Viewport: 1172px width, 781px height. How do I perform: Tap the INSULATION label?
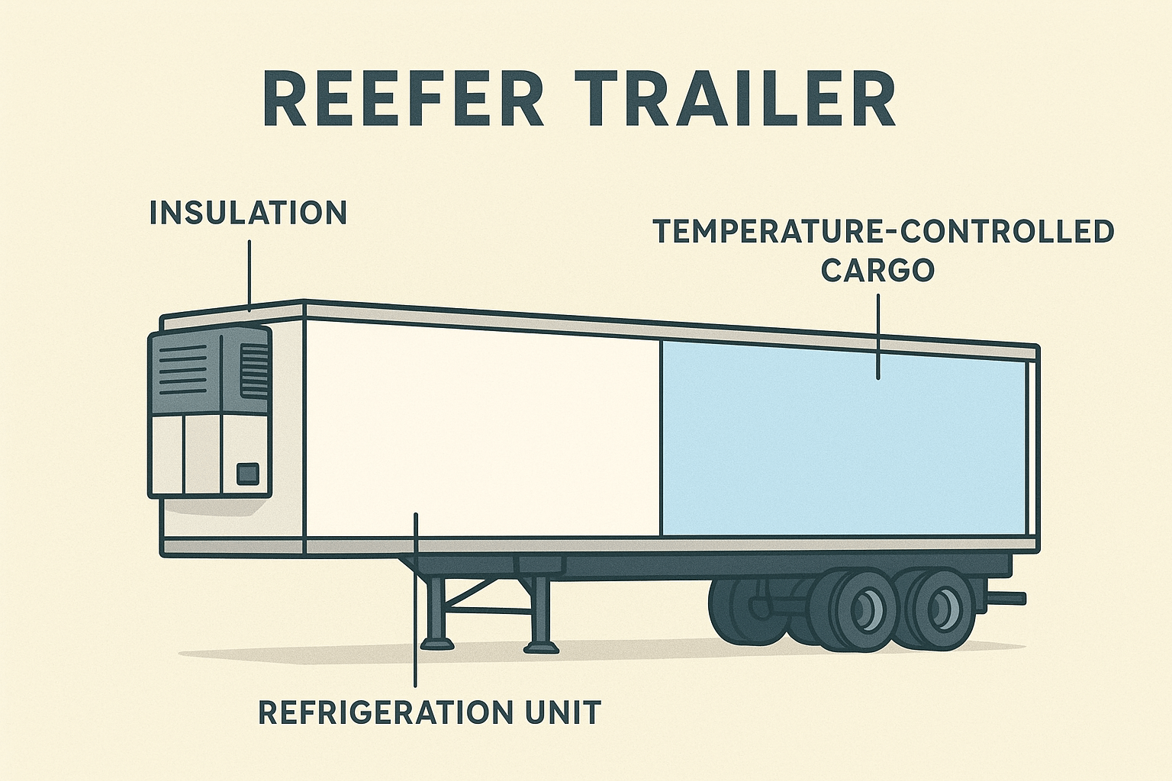pos(249,213)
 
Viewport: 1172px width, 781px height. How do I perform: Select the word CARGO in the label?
pos(878,271)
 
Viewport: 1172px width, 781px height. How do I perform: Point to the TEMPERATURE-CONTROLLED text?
pos(883,231)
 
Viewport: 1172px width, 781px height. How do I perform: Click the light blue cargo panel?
pos(843,439)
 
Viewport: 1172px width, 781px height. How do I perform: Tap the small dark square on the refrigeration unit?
pos(247,474)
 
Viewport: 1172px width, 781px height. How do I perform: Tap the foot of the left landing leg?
pos(437,644)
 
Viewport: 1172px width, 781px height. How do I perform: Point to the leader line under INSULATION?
pos(250,275)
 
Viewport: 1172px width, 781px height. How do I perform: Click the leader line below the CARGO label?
pos(878,336)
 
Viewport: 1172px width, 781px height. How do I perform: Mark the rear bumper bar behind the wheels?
pos(1005,597)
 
